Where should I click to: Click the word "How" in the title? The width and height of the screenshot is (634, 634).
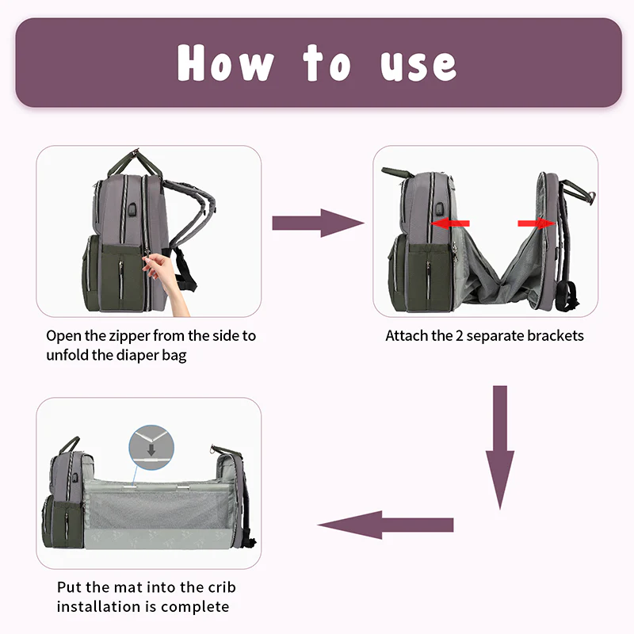tap(226, 63)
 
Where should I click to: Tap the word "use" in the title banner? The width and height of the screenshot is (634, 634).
tap(418, 67)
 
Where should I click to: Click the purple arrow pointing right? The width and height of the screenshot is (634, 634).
tap(319, 223)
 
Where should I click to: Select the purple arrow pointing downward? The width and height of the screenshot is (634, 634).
tap(500, 448)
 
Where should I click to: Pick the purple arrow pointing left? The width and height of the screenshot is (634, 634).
tap(385, 525)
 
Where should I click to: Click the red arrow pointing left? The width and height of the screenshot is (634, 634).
tap(450, 223)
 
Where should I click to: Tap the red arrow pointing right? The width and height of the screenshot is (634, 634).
tap(537, 223)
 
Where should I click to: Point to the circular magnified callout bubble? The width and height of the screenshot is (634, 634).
tap(151, 447)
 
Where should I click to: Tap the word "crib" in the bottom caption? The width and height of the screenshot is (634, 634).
tap(222, 587)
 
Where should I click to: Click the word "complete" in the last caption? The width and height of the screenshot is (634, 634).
tap(195, 607)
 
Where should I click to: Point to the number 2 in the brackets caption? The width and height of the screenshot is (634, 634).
tap(459, 336)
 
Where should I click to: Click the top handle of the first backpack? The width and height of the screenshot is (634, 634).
tap(135, 162)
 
